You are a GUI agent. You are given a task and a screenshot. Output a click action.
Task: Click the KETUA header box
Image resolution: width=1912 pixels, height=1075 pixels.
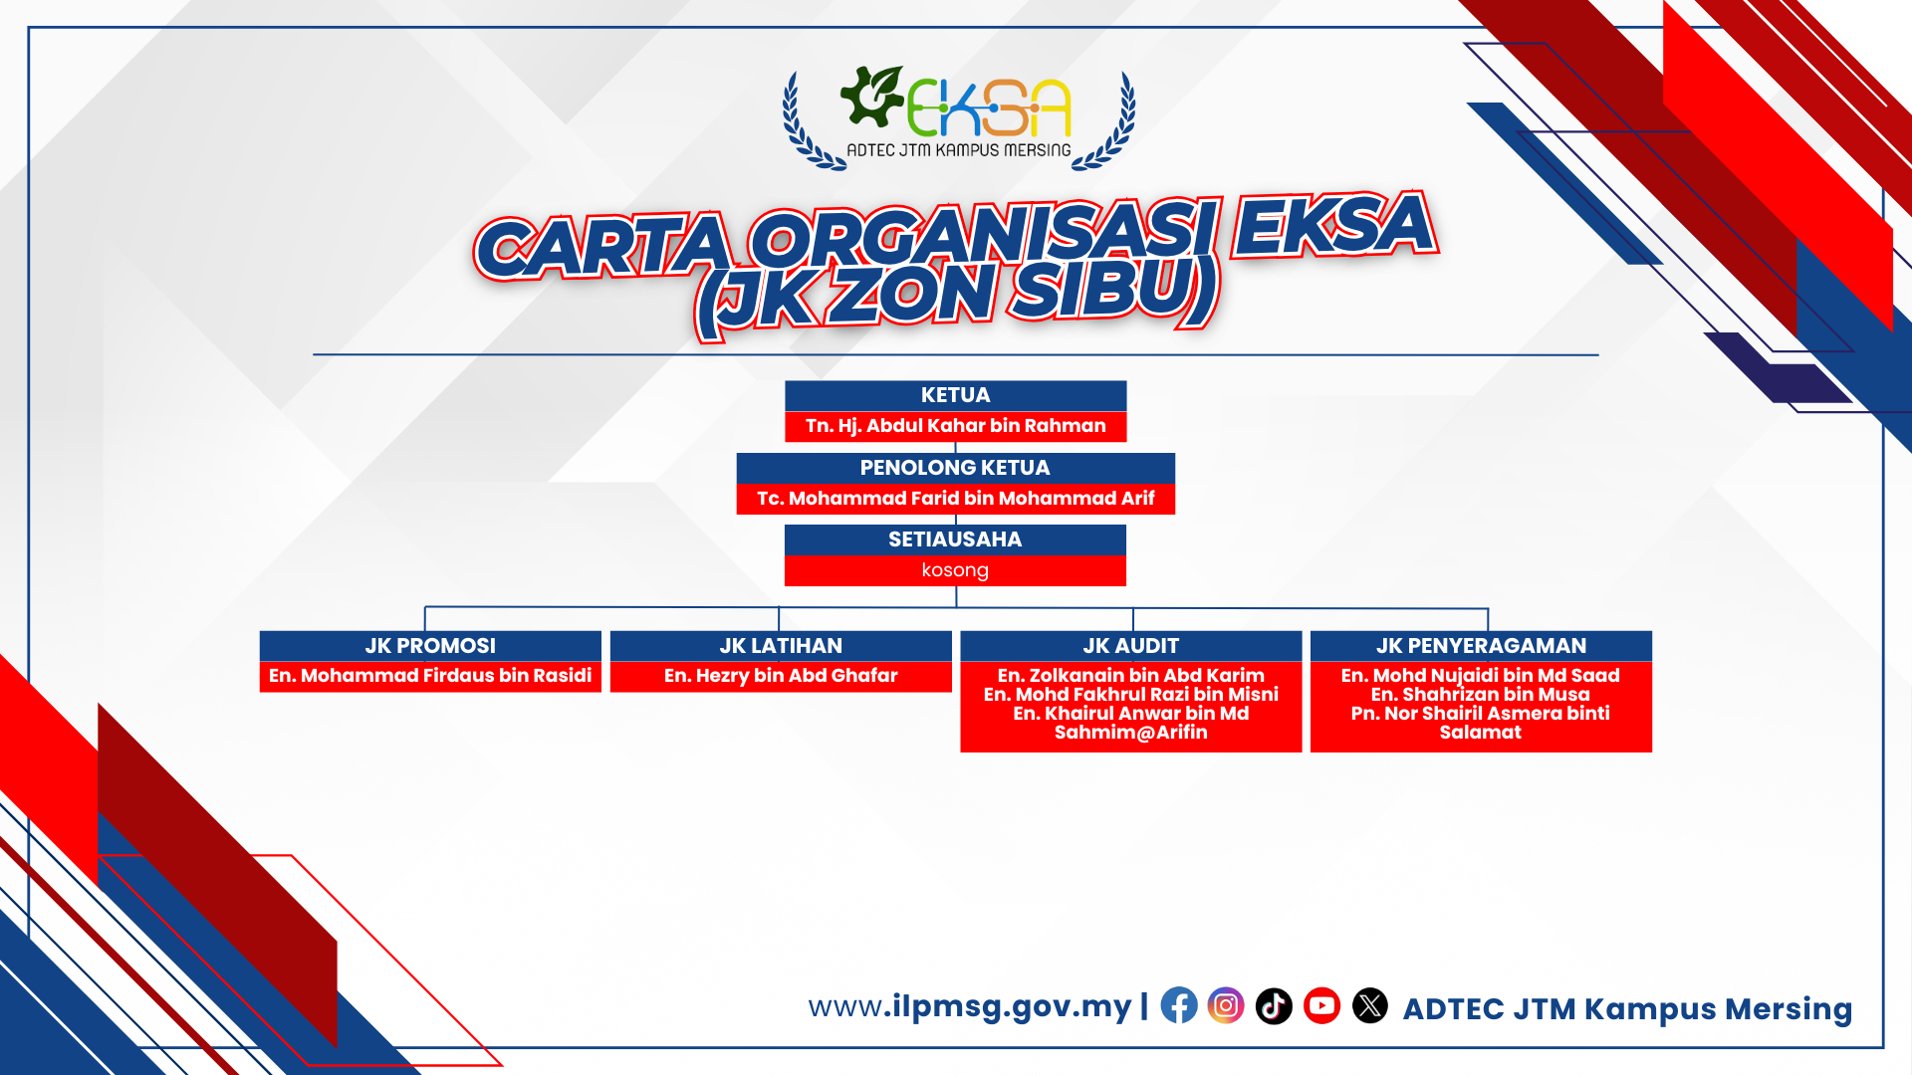coord(955,395)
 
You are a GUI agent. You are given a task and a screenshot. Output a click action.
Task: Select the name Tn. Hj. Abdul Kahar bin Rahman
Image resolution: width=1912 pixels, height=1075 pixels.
coord(955,426)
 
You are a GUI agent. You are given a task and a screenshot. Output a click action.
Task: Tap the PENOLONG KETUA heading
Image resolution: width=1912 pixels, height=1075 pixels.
coord(955,468)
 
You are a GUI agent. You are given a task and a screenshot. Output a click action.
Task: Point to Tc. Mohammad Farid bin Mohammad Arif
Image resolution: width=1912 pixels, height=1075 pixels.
coord(955,498)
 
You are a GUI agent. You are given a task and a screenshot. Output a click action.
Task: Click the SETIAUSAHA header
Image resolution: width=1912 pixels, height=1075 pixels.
coord(955,539)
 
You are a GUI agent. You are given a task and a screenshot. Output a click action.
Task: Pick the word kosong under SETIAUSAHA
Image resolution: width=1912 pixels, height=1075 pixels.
coord(955,570)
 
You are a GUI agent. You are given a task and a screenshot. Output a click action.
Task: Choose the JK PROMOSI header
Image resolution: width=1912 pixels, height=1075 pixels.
coord(430,646)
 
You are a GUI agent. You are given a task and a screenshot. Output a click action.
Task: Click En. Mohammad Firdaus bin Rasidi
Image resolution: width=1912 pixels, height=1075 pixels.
coord(430,676)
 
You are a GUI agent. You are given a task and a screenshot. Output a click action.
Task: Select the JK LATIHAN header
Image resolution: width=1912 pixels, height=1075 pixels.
coord(781,646)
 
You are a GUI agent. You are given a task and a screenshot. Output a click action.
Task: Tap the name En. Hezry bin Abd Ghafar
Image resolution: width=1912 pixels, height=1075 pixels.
coord(781,676)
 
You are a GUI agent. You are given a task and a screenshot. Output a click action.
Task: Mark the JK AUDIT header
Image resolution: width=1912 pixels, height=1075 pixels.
coord(1131,646)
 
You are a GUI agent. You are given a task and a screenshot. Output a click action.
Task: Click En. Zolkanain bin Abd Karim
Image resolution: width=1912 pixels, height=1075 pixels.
coord(1131,676)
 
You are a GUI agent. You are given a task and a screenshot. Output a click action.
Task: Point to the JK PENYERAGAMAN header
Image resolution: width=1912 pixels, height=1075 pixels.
coord(1481,646)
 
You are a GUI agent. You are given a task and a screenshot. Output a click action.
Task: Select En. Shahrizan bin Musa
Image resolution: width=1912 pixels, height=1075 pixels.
coord(1481,695)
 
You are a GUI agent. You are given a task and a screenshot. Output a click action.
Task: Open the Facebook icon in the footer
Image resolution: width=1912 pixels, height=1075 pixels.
coord(1179,1005)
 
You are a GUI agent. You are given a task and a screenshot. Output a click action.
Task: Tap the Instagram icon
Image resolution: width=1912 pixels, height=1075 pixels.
coord(1226,1005)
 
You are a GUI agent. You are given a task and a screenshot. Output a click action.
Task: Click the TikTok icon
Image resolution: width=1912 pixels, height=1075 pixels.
coord(1274,1005)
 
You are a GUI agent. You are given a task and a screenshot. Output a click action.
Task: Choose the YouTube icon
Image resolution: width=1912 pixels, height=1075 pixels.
coord(1322,1005)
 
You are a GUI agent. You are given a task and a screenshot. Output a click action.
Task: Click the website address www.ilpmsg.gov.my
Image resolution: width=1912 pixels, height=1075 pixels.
coord(970,1006)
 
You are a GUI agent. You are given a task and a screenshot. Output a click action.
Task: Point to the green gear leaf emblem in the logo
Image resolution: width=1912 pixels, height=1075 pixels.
coord(871,97)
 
